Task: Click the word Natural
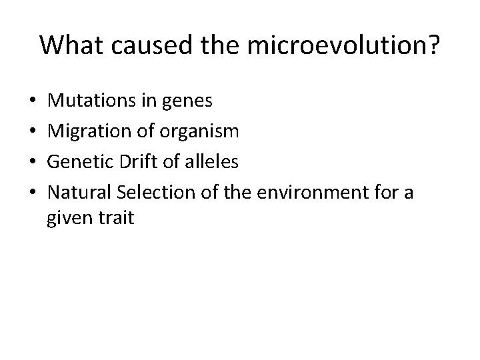coord(79,193)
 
